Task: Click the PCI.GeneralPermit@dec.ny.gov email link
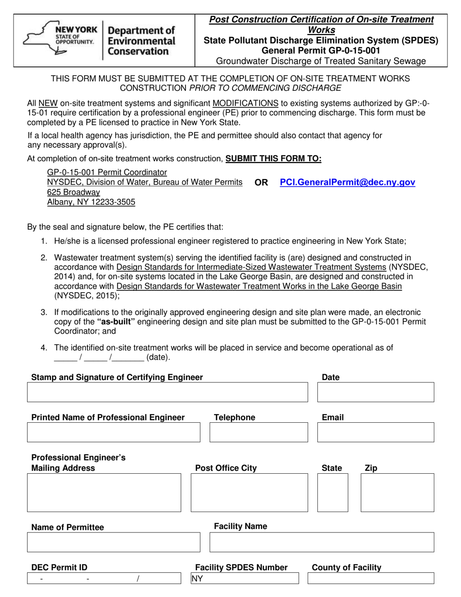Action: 347,182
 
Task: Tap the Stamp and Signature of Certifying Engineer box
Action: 167,392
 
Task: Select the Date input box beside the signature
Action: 376,392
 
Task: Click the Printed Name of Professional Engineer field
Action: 114,432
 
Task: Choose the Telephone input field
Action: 259,432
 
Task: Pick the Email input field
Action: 376,432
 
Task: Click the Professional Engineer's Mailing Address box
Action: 104,493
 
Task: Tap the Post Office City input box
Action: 249,493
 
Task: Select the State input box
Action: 333,493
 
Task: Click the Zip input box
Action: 397,493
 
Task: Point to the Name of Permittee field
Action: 114,542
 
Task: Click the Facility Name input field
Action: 322,542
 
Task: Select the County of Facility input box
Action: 371,579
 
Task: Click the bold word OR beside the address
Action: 261,182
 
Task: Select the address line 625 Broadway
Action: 74,192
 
